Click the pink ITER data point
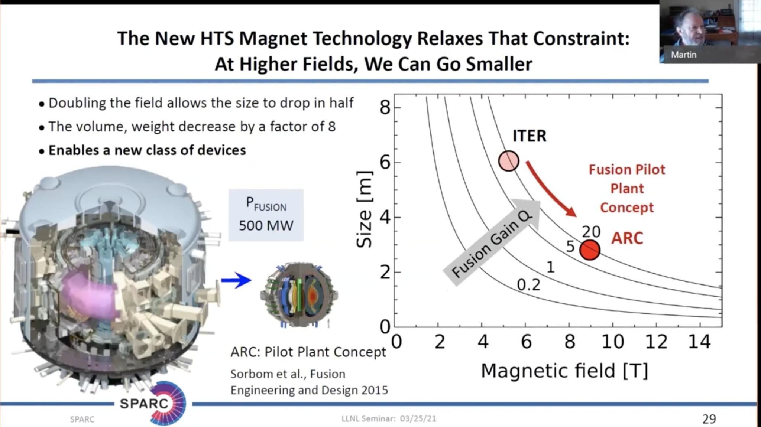[x=508, y=161]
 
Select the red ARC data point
[x=590, y=250]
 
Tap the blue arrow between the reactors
[x=236, y=280]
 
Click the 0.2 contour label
[x=528, y=285]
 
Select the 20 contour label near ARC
[x=591, y=232]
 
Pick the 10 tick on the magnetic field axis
[x=613, y=342]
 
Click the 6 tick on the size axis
[x=385, y=163]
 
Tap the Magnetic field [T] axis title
[x=564, y=371]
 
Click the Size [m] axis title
[x=364, y=209]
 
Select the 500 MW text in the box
[x=266, y=225]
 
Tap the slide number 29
[x=709, y=419]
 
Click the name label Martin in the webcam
[x=683, y=55]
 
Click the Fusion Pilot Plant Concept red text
[x=626, y=188]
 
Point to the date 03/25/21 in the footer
[x=418, y=419]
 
